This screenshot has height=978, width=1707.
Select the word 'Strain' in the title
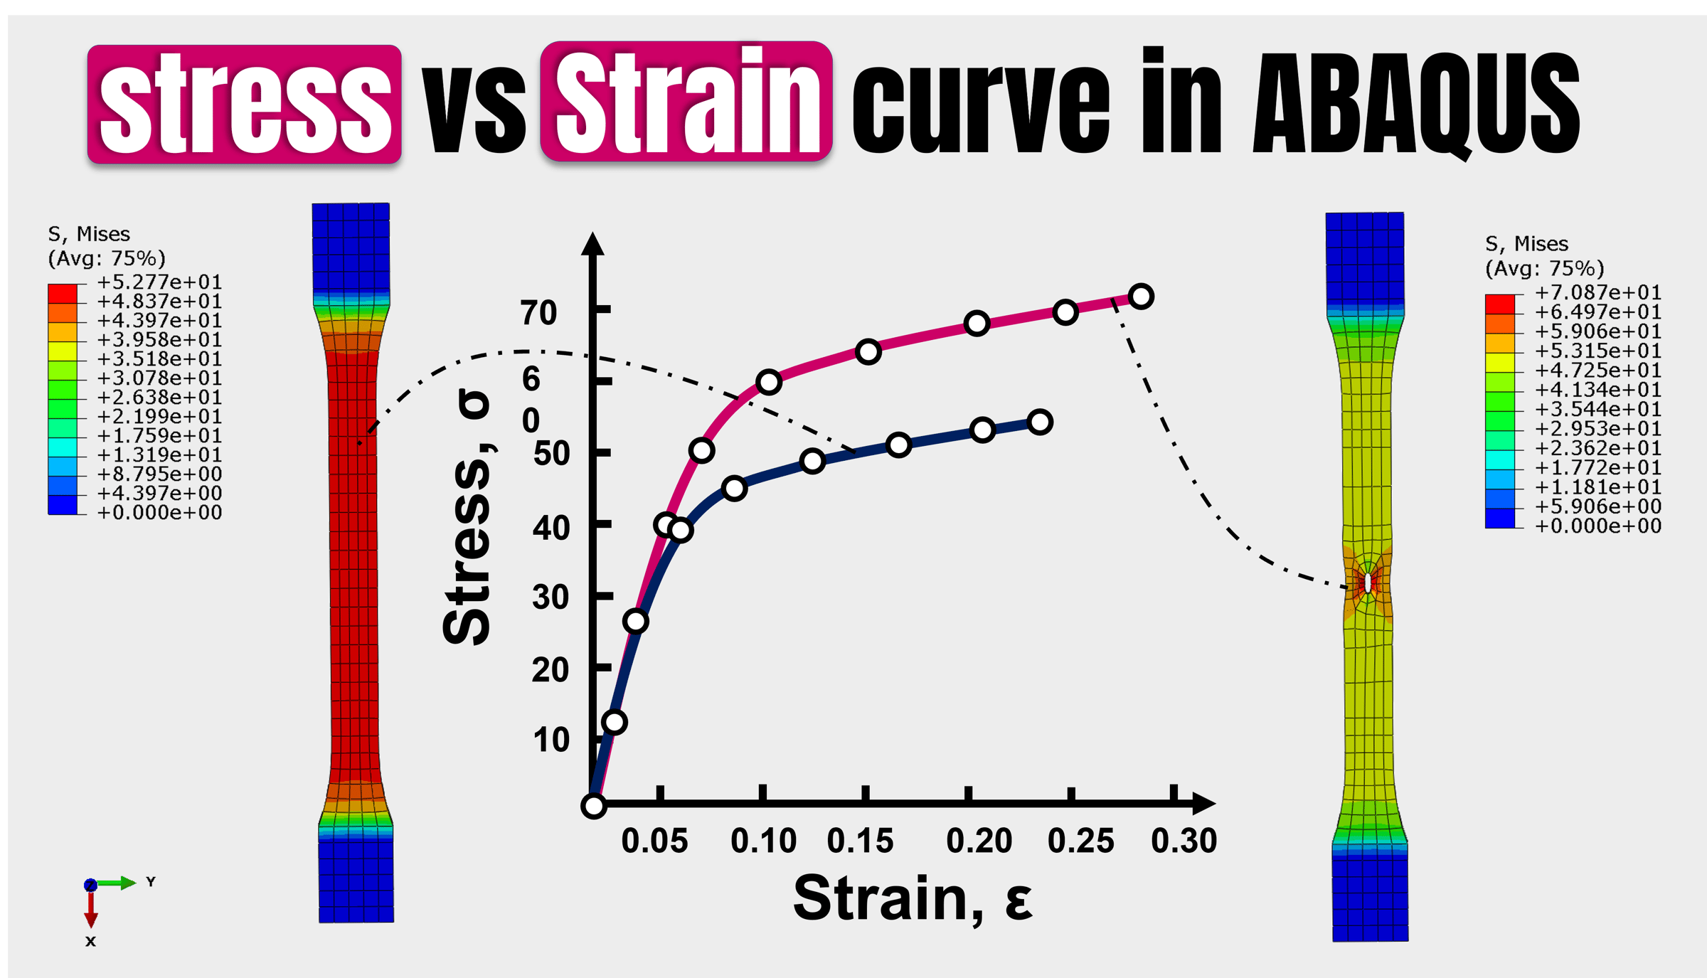click(x=687, y=101)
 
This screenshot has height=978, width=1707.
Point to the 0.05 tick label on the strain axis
click(x=654, y=841)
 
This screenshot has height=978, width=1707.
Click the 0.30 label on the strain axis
click(x=1184, y=841)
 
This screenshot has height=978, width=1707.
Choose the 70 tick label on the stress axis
click(x=538, y=313)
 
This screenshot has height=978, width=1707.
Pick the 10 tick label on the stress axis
click(x=551, y=740)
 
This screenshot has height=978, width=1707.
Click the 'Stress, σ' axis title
click(x=467, y=518)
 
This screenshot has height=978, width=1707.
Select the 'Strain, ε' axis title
click(x=913, y=898)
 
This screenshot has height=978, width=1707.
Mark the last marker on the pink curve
click(x=1140, y=297)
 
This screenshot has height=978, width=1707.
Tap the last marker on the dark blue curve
click(x=1040, y=422)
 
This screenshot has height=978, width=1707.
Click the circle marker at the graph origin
click(x=593, y=806)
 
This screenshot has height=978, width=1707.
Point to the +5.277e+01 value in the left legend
click(x=159, y=282)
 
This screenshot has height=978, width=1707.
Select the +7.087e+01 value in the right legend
click(x=1597, y=293)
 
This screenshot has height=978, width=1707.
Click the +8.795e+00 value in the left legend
click(x=159, y=474)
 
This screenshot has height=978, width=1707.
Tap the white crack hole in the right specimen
click(x=1368, y=583)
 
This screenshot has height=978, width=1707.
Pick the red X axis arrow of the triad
click(x=90, y=909)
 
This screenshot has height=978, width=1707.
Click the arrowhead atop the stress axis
click(x=592, y=243)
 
